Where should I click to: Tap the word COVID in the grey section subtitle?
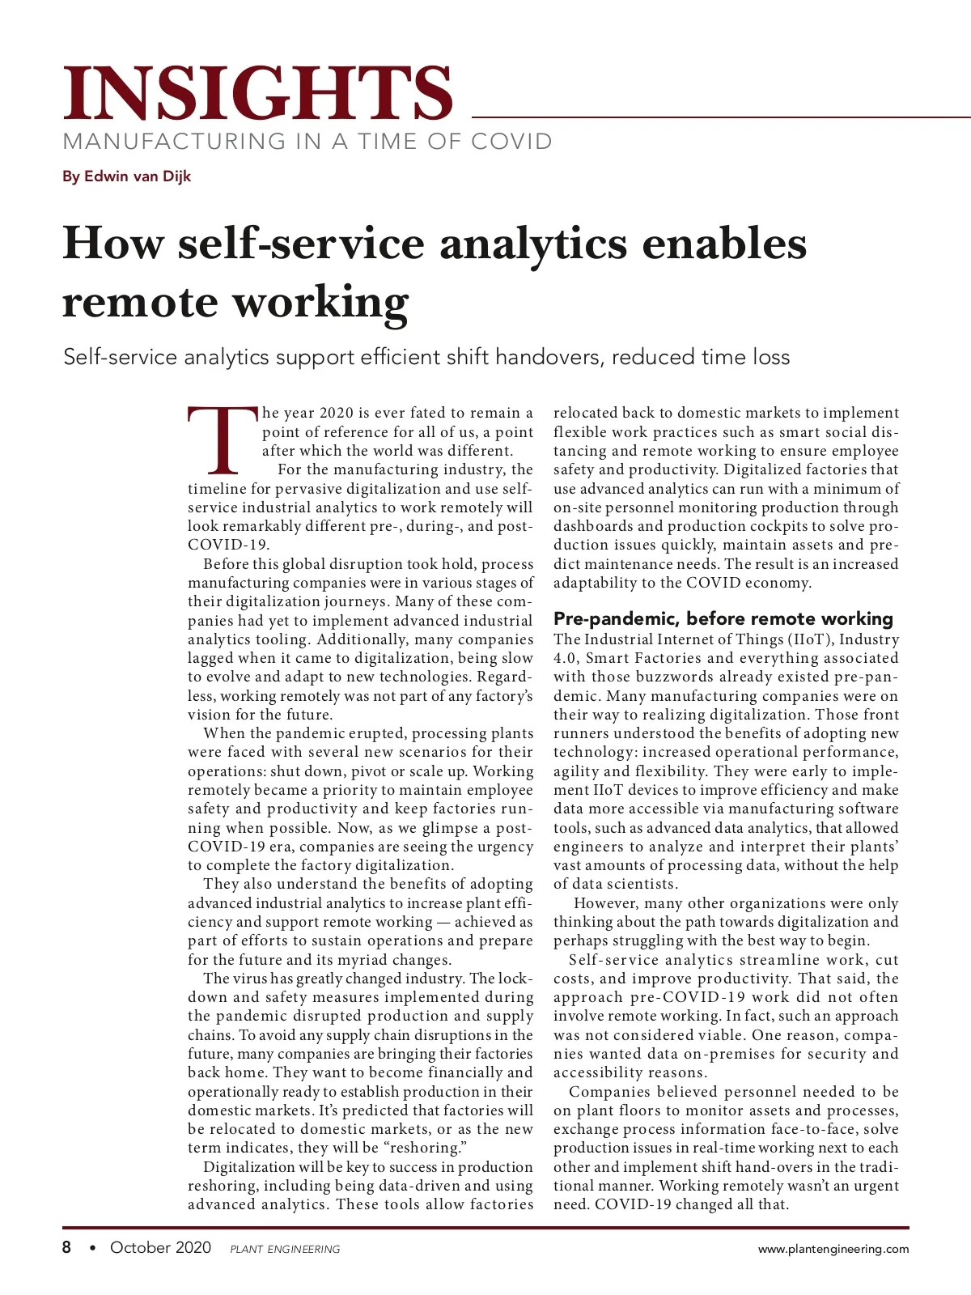point(511,142)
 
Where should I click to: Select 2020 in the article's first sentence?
point(336,413)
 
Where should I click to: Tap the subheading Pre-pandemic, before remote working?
point(723,619)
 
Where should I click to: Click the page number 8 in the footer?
point(67,1247)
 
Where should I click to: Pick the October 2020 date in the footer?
point(160,1247)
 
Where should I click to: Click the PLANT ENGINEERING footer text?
point(285,1249)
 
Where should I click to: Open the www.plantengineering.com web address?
point(833,1249)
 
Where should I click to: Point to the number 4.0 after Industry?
point(565,658)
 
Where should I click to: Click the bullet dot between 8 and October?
point(92,1248)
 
